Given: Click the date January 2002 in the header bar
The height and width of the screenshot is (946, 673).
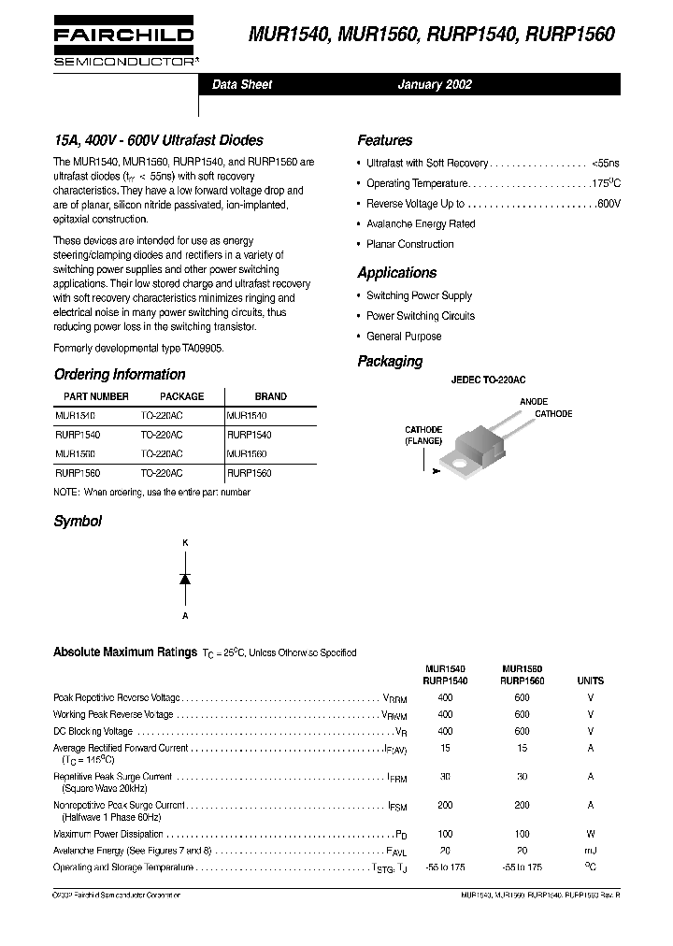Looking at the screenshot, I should tap(435, 84).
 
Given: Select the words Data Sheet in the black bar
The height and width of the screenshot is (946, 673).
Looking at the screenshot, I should tap(242, 84).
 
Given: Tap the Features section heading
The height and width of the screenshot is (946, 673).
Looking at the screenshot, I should tap(384, 140).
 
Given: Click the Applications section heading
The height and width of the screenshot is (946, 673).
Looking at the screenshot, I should tap(396, 273).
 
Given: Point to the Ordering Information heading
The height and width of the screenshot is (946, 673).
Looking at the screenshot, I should tap(120, 374).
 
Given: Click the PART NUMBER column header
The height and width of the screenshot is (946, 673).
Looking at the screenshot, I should tap(90, 396).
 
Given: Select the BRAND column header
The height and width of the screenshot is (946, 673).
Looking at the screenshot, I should tap(271, 396).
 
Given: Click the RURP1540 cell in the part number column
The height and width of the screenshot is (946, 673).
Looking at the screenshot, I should tap(78, 435).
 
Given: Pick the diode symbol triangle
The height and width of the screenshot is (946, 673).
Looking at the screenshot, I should tap(185, 579).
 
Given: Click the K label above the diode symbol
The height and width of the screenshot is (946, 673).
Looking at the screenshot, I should tap(185, 543).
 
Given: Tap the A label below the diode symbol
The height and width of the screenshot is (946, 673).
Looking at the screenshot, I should tap(185, 616).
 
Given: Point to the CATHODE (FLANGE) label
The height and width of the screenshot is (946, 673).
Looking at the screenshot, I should tap(423, 436).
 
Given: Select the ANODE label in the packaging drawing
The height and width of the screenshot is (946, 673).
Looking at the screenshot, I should tap(534, 401).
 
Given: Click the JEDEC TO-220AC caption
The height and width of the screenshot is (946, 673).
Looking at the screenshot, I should tap(488, 380).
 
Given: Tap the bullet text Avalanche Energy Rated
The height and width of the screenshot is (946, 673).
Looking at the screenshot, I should tap(421, 224).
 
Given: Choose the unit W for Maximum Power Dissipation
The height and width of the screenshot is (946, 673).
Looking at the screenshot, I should tap(590, 834).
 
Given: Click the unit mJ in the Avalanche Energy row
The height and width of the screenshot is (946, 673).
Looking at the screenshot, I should tap(590, 851).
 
